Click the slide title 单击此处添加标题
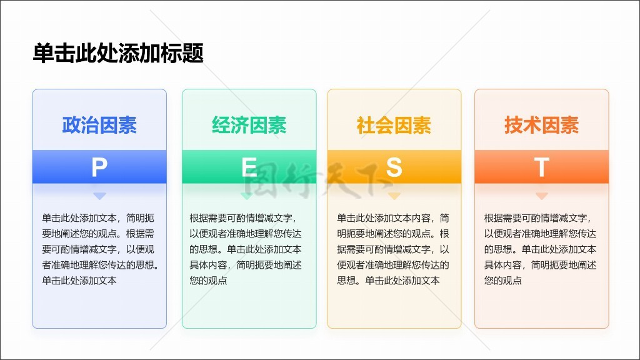click(118, 53)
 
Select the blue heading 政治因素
click(99, 125)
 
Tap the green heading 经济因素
click(249, 125)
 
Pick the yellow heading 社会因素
click(394, 125)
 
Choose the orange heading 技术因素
click(541, 125)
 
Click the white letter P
click(99, 167)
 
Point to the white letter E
click(249, 167)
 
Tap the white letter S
click(394, 167)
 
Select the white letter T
click(541, 167)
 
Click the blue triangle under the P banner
click(99, 196)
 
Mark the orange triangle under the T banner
click(541, 196)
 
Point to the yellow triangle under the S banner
click(394, 196)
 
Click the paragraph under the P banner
click(101, 249)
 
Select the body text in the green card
click(245, 249)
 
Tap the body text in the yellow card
click(393, 249)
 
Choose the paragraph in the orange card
click(540, 249)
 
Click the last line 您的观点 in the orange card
click(503, 281)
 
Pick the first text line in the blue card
click(98, 218)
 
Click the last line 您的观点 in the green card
click(208, 281)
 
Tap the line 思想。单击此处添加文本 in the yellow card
click(388, 281)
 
